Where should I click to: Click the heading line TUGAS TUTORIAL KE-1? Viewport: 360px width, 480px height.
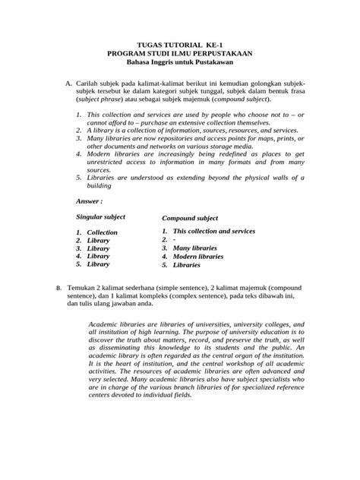pyautogui.click(x=180, y=45)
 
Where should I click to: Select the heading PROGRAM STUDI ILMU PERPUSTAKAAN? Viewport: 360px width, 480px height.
pyautogui.click(x=180, y=54)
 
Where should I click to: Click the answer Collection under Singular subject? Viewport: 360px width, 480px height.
pyautogui.click(x=102, y=232)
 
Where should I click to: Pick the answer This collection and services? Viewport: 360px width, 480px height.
pyautogui.click(x=213, y=231)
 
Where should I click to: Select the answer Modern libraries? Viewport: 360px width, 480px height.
pyautogui.click(x=198, y=257)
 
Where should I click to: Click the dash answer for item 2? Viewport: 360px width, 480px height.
pyautogui.click(x=175, y=240)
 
